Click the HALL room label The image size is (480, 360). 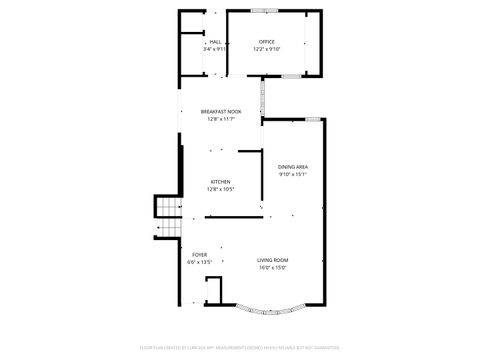[214, 42]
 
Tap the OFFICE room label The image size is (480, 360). [266, 41]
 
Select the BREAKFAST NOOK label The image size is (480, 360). [220, 112]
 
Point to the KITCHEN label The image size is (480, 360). [219, 182]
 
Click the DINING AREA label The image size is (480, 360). [292, 167]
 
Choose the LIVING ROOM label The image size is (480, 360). [272, 260]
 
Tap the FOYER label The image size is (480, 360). [199, 254]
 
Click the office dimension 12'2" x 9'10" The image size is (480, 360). [266, 49]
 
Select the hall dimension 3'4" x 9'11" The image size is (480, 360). [214, 49]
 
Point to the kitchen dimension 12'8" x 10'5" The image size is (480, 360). [219, 189]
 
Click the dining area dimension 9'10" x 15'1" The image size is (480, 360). [292, 174]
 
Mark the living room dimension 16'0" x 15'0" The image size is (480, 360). [272, 267]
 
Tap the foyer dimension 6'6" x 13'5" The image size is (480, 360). [199, 261]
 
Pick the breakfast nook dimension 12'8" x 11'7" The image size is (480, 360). [220, 119]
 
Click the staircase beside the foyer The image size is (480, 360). [166, 218]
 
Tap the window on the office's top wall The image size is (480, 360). [264, 11]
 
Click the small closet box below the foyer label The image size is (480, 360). [212, 292]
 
